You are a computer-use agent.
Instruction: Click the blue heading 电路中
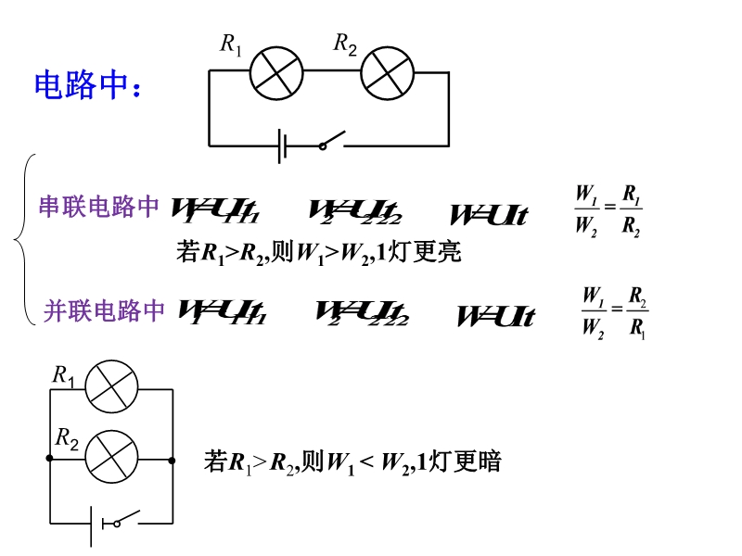88,85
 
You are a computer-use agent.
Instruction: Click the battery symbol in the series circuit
283,145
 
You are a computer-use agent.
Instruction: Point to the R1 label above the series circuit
231,44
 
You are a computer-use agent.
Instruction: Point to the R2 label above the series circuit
345,44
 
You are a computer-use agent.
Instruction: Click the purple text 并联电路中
104,311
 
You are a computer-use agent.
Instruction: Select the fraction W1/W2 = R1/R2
608,211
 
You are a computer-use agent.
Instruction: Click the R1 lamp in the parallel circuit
111,387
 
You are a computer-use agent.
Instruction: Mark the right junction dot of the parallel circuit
173,459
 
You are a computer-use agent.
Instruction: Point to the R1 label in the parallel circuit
63,375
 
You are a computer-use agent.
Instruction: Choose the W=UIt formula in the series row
488,215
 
